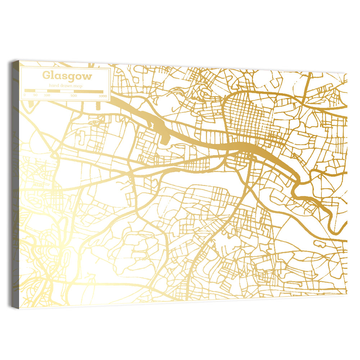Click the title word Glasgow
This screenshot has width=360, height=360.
click(67, 76)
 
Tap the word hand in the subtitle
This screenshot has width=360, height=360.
click(55, 86)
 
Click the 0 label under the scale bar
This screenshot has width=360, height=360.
click(24, 95)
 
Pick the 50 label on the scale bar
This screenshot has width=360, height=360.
click(35, 95)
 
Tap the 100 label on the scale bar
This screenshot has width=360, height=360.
click(47, 95)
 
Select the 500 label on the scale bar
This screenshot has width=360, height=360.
click(73, 95)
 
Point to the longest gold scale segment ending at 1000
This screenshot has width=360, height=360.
click(89, 91)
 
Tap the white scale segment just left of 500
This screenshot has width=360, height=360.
click(67, 91)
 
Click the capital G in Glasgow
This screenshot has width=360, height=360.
click(46, 76)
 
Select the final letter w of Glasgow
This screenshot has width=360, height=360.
click(87, 76)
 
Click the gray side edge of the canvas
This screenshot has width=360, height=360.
click(15, 180)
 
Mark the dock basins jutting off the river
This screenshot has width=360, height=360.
click(160, 128)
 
